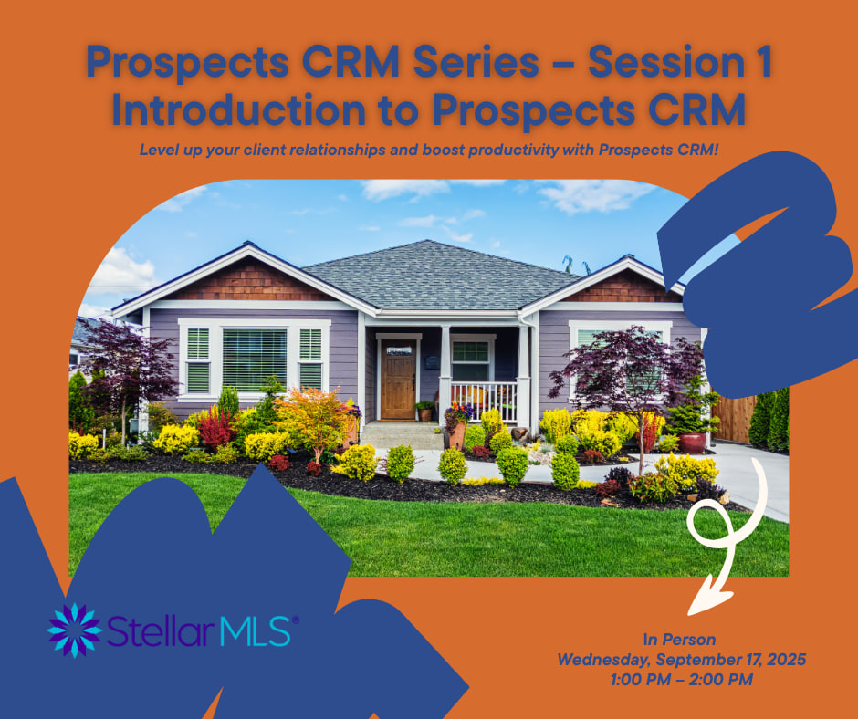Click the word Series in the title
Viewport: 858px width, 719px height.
tap(476, 62)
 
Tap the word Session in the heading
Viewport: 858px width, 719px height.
tap(657, 62)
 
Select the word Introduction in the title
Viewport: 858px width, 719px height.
tap(238, 109)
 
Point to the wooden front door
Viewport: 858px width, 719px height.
tap(398, 380)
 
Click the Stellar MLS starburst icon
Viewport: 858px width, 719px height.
tap(75, 630)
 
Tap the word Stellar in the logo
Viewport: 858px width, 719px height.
tap(160, 630)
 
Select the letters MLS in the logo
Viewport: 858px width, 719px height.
tap(255, 630)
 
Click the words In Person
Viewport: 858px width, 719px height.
tap(679, 640)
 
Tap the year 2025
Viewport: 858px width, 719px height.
tap(786, 660)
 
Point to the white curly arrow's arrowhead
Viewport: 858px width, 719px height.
tap(709, 598)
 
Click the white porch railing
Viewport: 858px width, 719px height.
tap(484, 401)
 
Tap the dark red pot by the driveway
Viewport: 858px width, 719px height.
tap(694, 443)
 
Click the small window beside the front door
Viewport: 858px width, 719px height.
tap(470, 360)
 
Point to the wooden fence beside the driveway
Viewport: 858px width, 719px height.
tap(733, 419)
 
